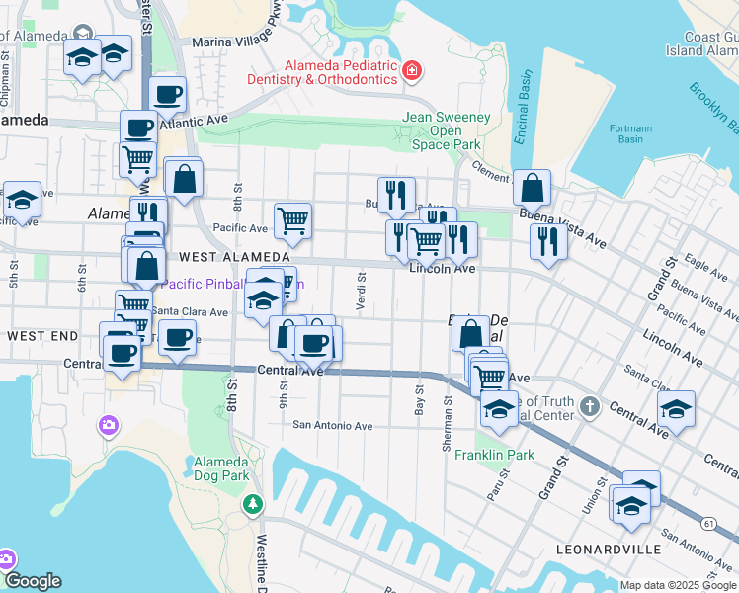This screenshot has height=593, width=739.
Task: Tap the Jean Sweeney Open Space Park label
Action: coord(446,130)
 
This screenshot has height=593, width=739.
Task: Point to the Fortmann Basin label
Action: coord(625,132)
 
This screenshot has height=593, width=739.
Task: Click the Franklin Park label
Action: coord(494,456)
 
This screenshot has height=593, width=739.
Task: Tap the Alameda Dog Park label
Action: coord(221,468)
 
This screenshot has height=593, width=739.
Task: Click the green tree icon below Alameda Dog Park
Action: coord(254,505)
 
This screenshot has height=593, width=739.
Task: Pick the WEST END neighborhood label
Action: coord(41,336)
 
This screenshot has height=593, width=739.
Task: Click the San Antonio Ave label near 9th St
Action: coord(332,426)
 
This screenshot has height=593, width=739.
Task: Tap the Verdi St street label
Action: coord(362,292)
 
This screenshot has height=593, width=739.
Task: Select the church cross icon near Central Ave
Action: coord(590,406)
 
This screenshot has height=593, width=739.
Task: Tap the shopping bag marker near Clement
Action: coord(532,187)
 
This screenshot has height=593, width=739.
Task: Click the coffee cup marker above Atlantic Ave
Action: coord(168,95)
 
